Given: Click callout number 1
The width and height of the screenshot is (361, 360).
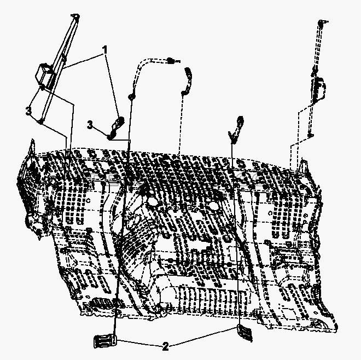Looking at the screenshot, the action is pos(105,50).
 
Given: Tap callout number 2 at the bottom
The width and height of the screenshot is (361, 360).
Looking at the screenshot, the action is pos(165,346).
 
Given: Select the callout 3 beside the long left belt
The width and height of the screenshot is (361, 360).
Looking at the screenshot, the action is pos(28,111).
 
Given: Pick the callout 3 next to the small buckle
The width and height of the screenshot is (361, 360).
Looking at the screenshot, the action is pos(90,125).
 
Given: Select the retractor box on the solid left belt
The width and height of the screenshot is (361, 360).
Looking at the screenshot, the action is pos(44,74).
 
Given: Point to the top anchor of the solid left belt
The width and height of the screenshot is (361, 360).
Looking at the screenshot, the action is pos(75,16).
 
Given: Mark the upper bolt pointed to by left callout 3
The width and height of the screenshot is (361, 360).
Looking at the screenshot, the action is pos(42,88).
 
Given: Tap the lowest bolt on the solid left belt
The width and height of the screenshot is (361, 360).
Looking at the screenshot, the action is pos(40,121).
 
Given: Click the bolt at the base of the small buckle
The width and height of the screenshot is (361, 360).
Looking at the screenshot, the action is pos(109,137).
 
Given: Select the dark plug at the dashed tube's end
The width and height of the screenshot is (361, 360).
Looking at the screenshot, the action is pos(170,61).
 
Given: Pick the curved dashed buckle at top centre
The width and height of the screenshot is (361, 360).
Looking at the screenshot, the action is pos(187,80).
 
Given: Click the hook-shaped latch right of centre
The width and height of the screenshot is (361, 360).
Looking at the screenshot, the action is pos(236,130).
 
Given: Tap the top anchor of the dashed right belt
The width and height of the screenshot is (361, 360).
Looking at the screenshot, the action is pos(321,22).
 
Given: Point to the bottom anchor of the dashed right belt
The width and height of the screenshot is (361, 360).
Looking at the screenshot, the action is pos(311,135).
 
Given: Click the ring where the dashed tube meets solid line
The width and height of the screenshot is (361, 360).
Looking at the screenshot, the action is pos(131,96).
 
